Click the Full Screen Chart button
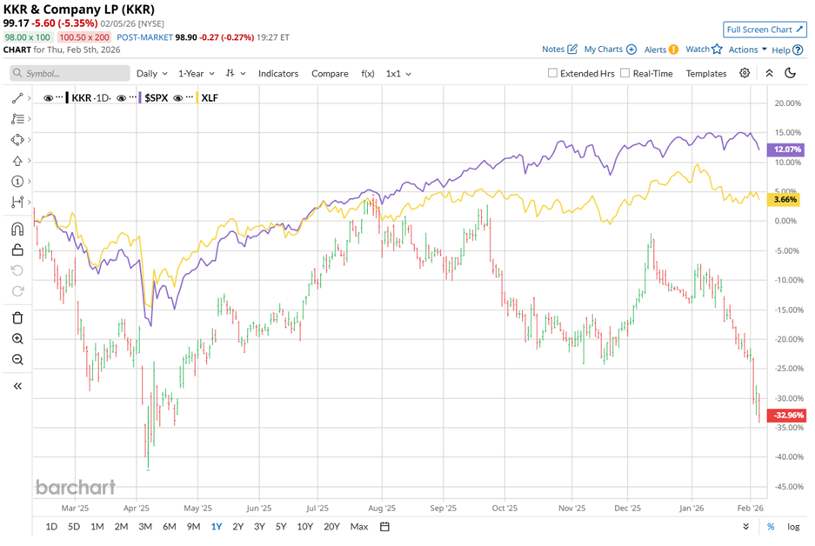(765, 30)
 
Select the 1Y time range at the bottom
(216, 526)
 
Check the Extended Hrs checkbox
(553, 74)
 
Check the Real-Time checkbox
(625, 74)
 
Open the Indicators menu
(277, 74)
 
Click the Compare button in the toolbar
(330, 74)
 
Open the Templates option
(705, 74)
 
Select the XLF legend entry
(210, 98)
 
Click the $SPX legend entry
(156, 98)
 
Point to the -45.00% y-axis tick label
(787, 487)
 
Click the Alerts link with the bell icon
(661, 50)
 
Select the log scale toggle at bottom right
(793, 526)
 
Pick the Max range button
(358, 526)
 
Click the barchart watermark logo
(76, 487)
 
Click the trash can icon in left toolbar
(17, 317)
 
